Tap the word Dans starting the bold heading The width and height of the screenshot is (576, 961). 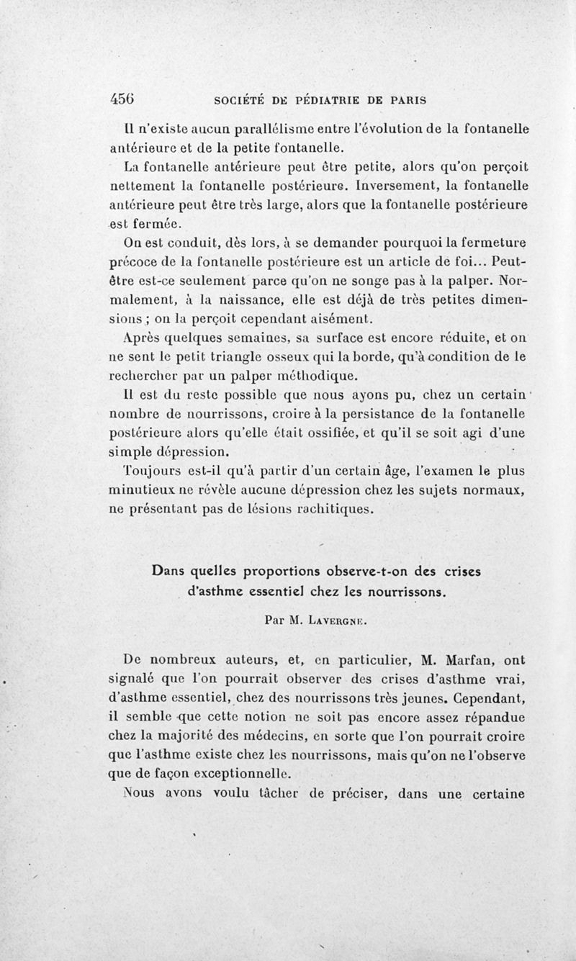168,574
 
